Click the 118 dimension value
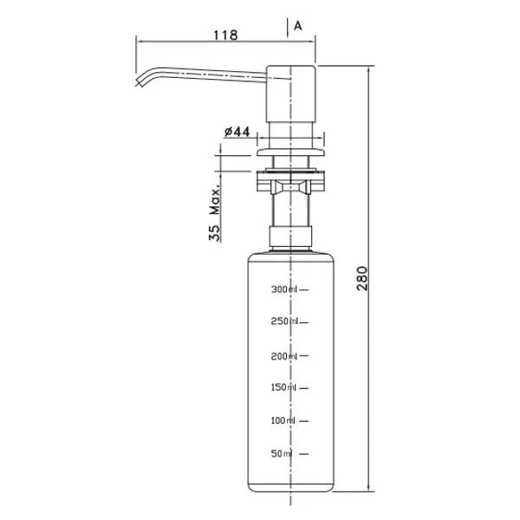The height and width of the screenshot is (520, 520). click(x=225, y=35)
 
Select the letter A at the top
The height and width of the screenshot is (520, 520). click(x=297, y=26)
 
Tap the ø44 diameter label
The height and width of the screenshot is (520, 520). click(x=237, y=132)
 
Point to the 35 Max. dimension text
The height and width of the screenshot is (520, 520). click(x=214, y=211)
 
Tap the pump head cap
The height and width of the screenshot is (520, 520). click(x=290, y=85)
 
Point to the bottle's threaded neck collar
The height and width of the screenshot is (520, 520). click(x=289, y=237)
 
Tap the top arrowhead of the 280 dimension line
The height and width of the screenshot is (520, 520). click(x=369, y=68)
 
